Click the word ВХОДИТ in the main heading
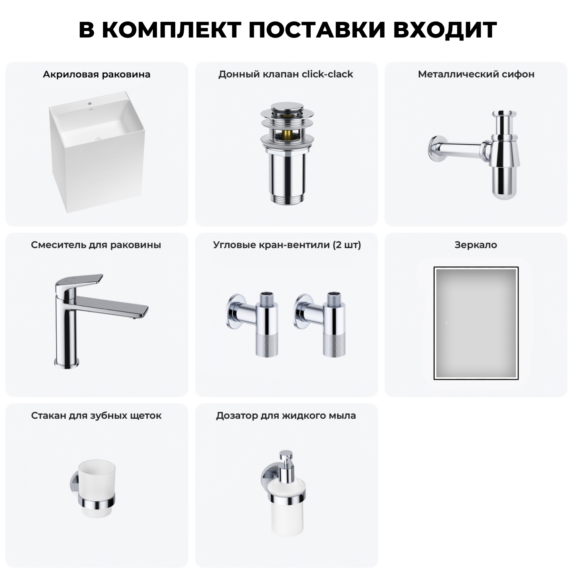(445, 30)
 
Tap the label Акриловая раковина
(96, 74)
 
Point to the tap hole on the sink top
(90, 103)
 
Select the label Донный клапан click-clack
(286, 74)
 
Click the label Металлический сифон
(476, 74)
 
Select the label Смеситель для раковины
(96, 245)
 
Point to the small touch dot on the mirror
(446, 324)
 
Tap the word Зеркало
(476, 245)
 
